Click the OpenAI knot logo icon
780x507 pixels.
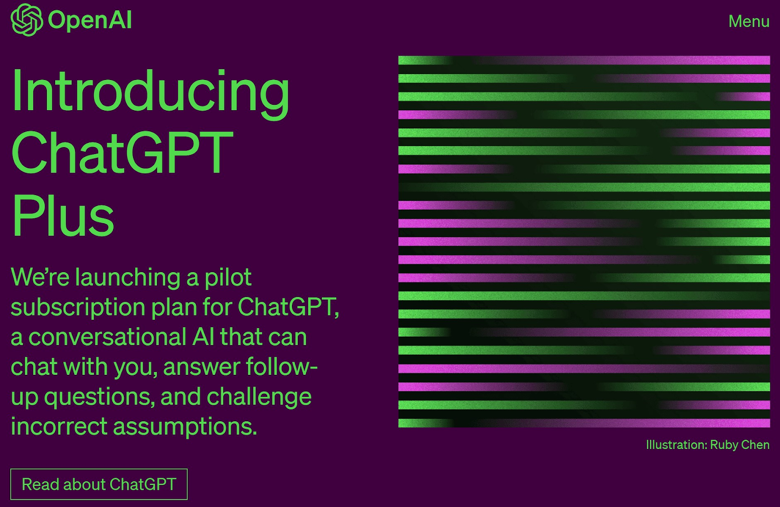[x=26, y=20]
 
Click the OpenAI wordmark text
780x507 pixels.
[x=90, y=20]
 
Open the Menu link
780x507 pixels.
[x=749, y=21]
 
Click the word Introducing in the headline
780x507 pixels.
[x=150, y=92]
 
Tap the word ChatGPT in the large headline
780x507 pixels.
[x=122, y=153]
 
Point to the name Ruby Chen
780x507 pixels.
[x=740, y=445]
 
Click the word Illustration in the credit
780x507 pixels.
[x=676, y=445]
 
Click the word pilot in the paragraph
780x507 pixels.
[x=228, y=278]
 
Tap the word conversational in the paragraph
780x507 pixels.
[x=108, y=337]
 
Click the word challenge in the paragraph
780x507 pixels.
[x=259, y=396]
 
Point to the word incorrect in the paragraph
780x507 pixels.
[x=59, y=427]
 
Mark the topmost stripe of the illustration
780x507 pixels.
[x=584, y=60]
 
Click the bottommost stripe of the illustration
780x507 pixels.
[x=584, y=423]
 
